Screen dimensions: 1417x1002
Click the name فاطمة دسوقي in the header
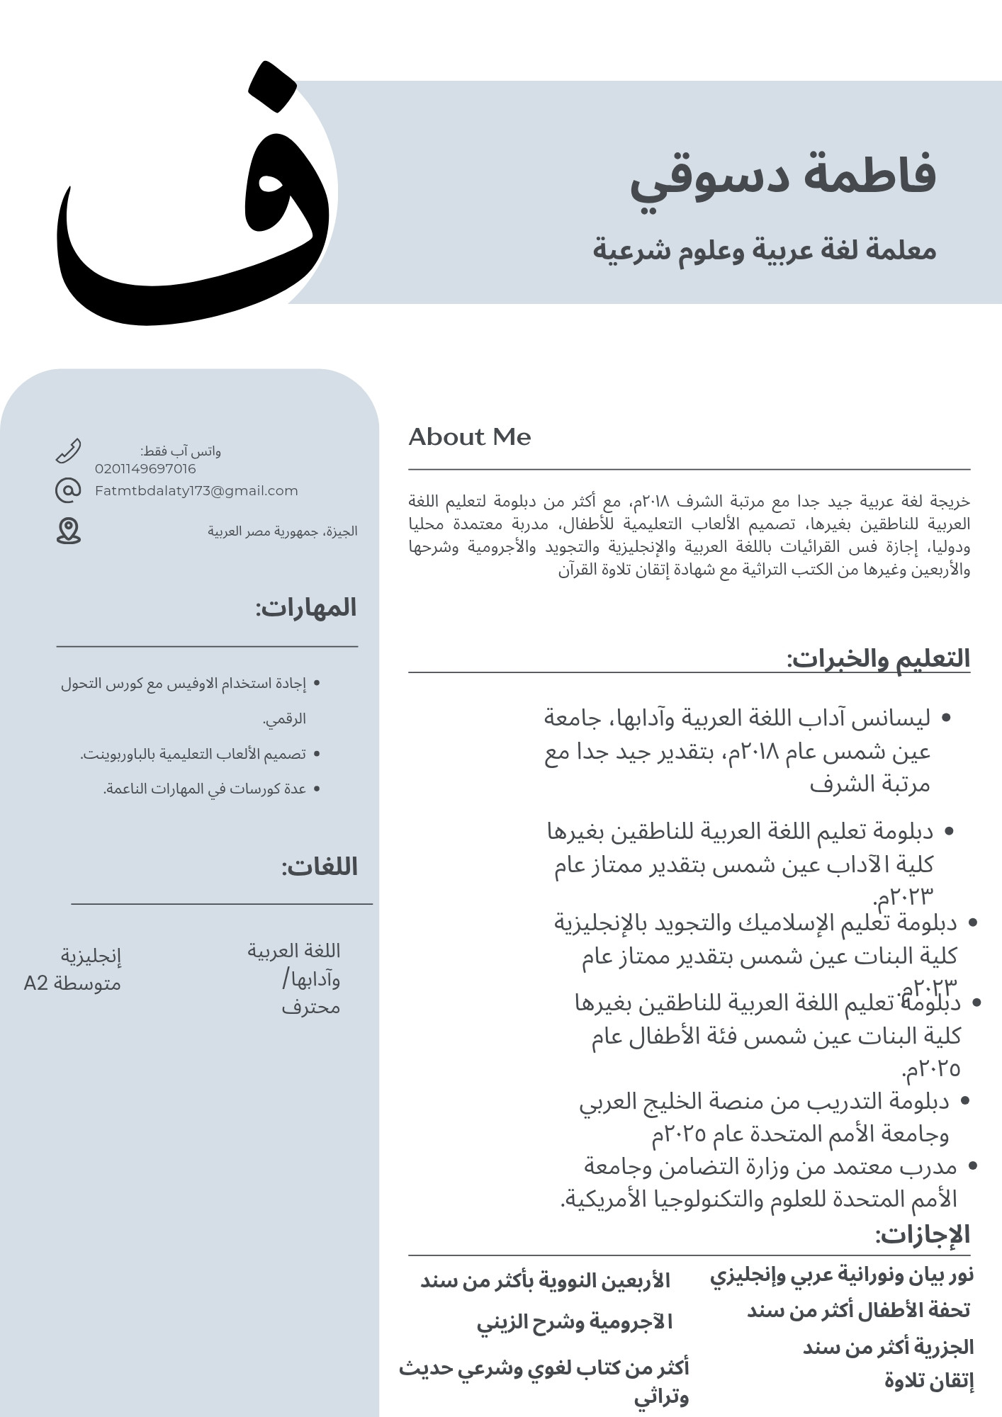[x=783, y=177]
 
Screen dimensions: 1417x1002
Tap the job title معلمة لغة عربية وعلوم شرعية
[x=764, y=250]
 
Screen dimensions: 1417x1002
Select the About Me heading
[x=469, y=437]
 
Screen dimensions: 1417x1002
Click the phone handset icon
[x=68, y=451]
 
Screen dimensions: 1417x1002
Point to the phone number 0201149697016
[x=145, y=469]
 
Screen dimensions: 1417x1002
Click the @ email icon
[x=68, y=490]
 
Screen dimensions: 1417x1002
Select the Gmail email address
[x=196, y=491]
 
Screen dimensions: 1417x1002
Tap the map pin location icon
[x=68, y=531]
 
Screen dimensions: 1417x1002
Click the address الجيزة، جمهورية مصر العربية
[x=282, y=531]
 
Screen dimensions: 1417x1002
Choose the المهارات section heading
[x=306, y=608]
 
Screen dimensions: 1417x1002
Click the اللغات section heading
[x=320, y=867]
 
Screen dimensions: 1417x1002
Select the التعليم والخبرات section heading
[x=878, y=658]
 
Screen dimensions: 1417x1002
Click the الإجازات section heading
[x=922, y=1234]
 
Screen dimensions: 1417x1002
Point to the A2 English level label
[x=36, y=983]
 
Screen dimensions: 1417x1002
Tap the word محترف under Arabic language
[x=310, y=1007]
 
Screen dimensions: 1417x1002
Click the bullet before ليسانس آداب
[x=945, y=718]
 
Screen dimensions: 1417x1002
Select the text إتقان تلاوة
[x=928, y=1381]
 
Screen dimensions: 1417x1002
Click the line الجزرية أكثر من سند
[x=888, y=1347]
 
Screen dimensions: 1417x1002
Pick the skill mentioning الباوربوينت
[x=193, y=754]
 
